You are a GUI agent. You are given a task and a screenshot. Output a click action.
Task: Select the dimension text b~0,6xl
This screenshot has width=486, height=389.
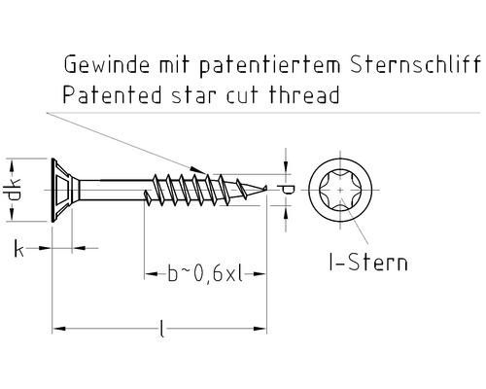pos(204,275)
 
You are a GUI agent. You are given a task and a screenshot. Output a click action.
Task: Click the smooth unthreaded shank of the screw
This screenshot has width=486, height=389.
pos(117,187)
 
